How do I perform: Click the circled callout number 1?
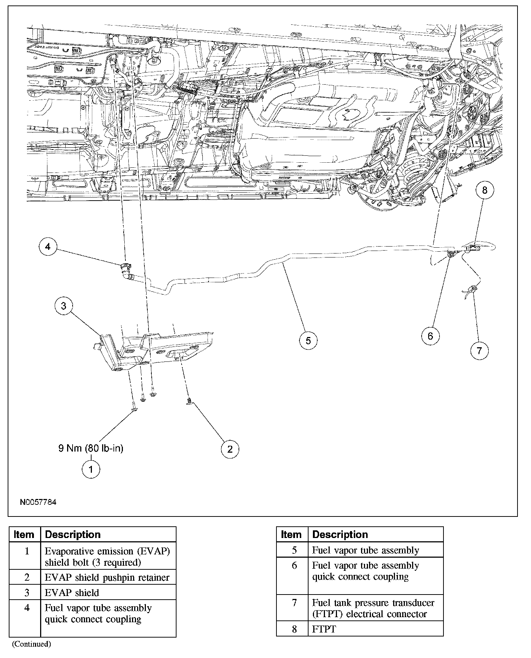point(91,469)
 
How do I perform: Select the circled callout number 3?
point(64,306)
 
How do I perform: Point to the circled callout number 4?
point(48,247)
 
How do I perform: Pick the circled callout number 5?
point(308,340)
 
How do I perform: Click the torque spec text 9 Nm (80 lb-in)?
point(91,448)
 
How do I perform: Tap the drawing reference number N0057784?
point(38,502)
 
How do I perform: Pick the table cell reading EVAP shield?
point(72,593)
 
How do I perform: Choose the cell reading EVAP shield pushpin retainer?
point(107,577)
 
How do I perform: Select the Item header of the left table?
point(24,535)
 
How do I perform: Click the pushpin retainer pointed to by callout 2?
point(189,401)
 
